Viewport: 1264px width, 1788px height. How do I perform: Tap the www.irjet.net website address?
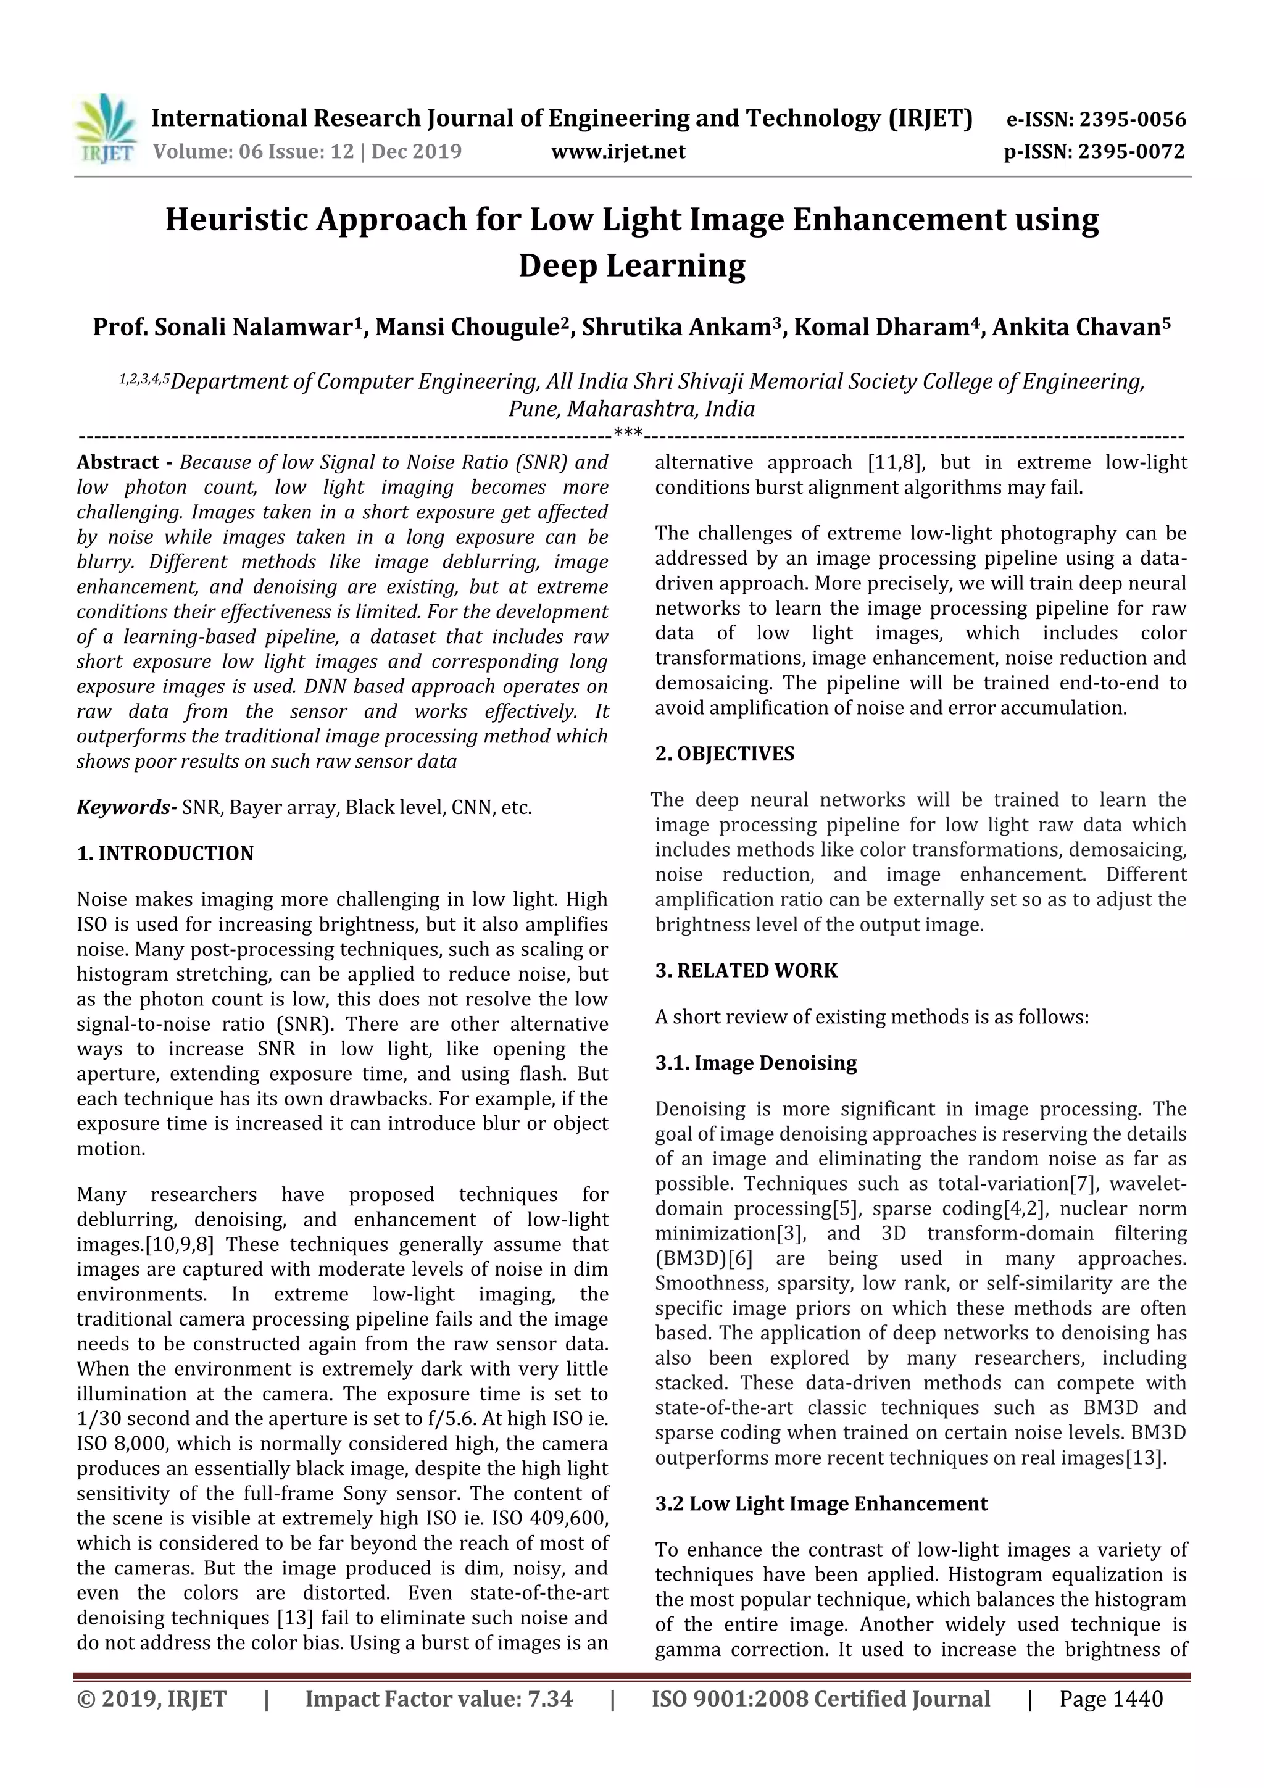point(618,151)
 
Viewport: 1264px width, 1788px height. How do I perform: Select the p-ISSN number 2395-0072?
point(1131,151)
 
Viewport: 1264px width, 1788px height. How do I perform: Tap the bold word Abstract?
point(118,462)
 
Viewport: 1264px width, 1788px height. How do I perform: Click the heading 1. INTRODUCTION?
point(165,854)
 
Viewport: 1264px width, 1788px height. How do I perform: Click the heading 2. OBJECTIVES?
point(725,754)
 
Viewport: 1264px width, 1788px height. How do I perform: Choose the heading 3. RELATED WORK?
point(746,971)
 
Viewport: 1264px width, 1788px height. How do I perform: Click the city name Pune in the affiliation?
point(534,409)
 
